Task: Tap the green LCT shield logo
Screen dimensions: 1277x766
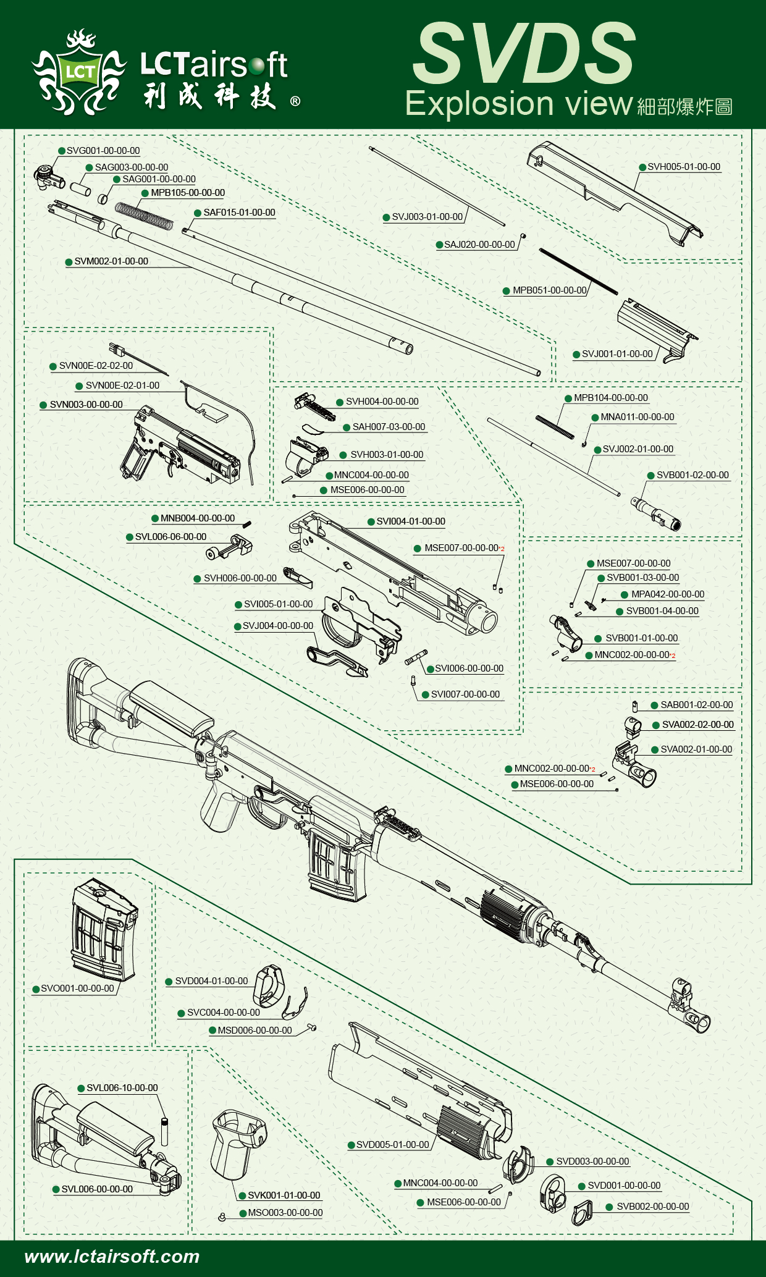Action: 80,72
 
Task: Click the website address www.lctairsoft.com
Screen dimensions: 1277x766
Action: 112,1256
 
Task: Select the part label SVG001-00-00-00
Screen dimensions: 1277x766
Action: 103,151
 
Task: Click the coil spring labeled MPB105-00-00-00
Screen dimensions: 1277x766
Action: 144,214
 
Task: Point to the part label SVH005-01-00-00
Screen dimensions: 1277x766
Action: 683,167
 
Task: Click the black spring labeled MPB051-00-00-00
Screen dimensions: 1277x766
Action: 578,271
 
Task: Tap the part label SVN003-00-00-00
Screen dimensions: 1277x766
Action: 86,405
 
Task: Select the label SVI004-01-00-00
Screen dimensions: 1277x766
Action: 410,521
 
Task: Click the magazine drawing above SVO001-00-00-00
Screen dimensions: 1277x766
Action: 104,930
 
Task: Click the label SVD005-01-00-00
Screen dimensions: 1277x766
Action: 392,1145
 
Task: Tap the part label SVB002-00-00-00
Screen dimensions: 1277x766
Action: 652,1207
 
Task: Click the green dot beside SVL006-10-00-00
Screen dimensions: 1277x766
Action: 81,1088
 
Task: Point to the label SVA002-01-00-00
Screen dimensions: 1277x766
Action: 696,749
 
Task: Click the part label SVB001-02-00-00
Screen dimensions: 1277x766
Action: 692,475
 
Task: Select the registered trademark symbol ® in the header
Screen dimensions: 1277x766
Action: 295,101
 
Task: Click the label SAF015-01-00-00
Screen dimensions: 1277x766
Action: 239,213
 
